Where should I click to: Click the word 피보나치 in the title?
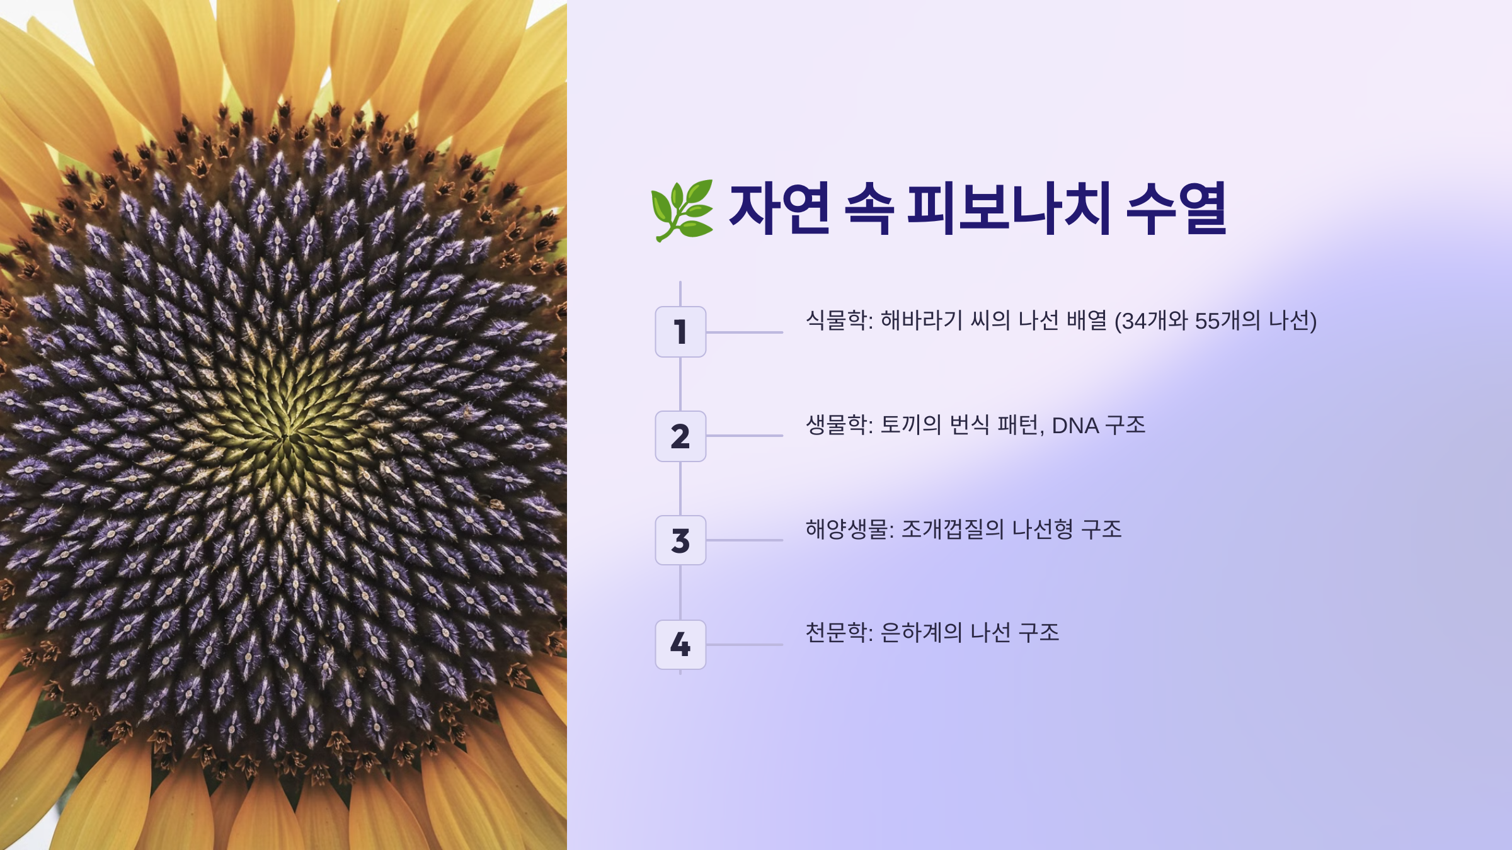pyautogui.click(x=1009, y=208)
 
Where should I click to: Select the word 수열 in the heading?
pyautogui.click(x=1176, y=208)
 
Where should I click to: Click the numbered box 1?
pyautogui.click(x=680, y=332)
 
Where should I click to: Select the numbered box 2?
pyautogui.click(x=680, y=436)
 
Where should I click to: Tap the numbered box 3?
pyautogui.click(x=680, y=540)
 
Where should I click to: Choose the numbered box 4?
pyautogui.click(x=680, y=645)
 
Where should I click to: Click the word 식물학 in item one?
pyautogui.click(x=837, y=320)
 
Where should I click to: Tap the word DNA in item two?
pyautogui.click(x=1075, y=426)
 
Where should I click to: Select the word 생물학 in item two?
pyautogui.click(x=837, y=425)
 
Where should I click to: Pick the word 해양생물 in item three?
pyautogui.click(x=847, y=530)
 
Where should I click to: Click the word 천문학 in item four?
pyautogui.click(x=837, y=633)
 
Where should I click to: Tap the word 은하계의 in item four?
pyautogui.click(x=921, y=633)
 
